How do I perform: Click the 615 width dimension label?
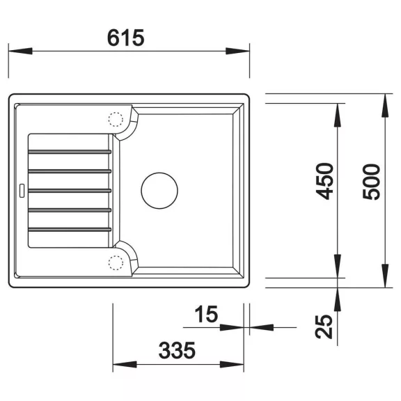click(125, 38)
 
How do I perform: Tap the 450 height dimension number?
click(325, 181)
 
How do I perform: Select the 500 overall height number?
click(372, 182)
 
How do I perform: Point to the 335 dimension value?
click(177, 350)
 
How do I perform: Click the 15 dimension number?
click(206, 314)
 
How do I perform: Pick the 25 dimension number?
click(324, 327)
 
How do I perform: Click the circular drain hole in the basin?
click(159, 191)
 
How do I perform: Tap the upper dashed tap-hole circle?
click(116, 119)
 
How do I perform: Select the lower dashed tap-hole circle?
click(116, 262)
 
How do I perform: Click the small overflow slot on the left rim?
click(22, 191)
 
